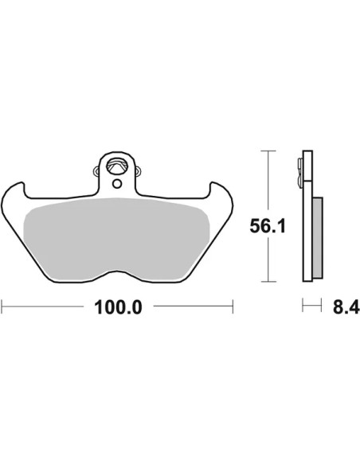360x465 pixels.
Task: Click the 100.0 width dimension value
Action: point(118,307)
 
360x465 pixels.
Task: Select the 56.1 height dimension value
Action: point(268,226)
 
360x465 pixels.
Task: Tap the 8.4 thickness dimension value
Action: point(346,307)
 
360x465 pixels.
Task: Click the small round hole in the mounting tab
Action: point(117,184)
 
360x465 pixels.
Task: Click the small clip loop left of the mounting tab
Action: point(96,171)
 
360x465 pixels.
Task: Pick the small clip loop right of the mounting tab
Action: point(138,171)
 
